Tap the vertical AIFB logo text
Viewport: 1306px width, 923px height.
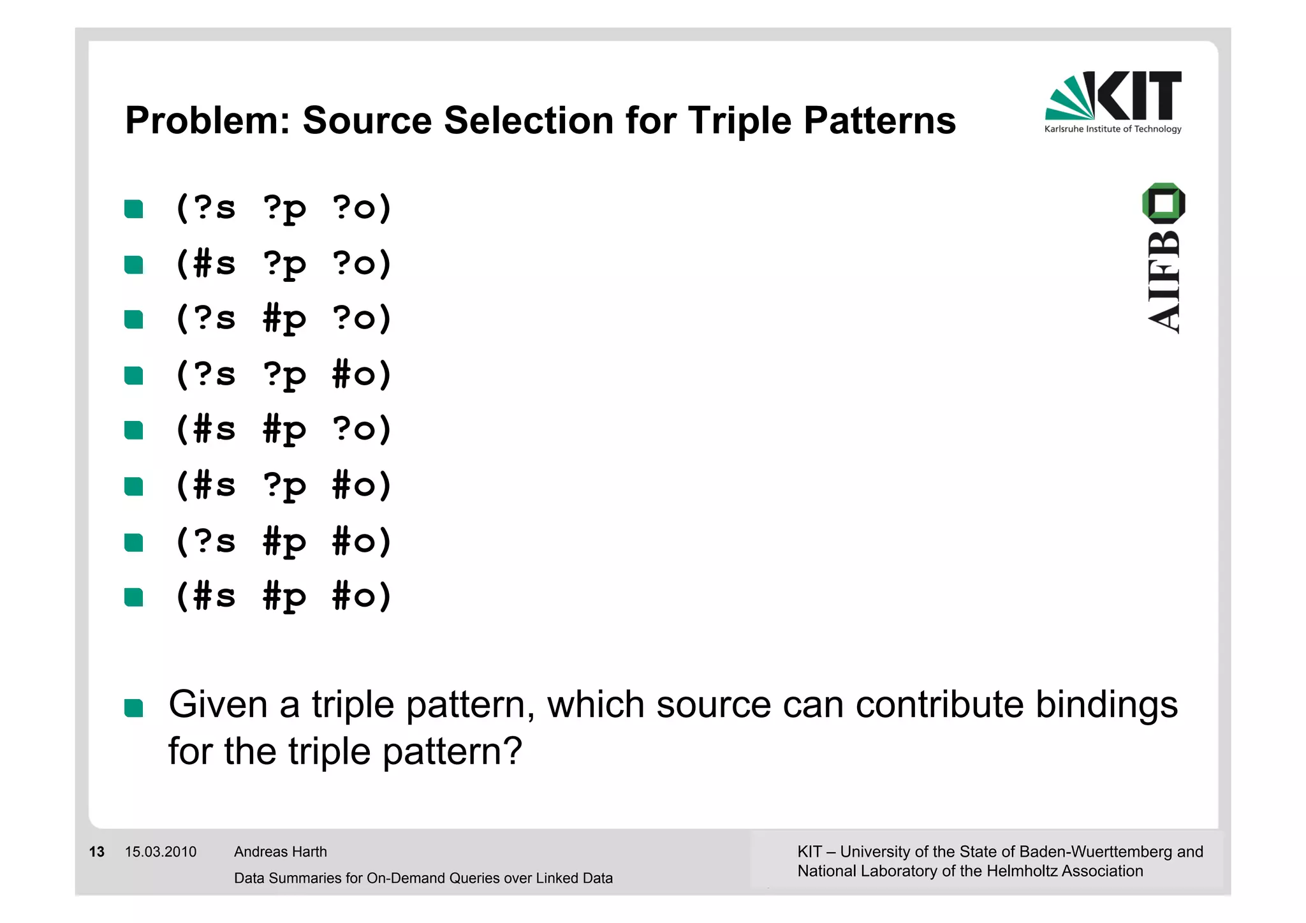pyautogui.click(x=1164, y=282)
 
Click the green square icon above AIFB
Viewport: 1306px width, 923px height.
pyautogui.click(x=1164, y=203)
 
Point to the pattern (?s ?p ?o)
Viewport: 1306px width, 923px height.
pyautogui.click(x=283, y=208)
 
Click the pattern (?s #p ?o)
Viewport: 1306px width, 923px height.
pyautogui.click(x=283, y=318)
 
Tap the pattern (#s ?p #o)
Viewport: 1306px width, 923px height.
pyautogui.click(x=283, y=485)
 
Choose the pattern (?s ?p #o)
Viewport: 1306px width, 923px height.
pyautogui.click(x=283, y=374)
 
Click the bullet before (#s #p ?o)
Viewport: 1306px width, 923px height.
pyautogui.click(x=134, y=431)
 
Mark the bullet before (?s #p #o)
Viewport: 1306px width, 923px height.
pyautogui.click(x=134, y=542)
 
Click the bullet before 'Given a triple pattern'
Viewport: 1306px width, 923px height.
pyautogui.click(x=134, y=708)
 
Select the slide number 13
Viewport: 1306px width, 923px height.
pyautogui.click(x=97, y=852)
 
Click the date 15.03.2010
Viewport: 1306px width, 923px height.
pyautogui.click(x=161, y=852)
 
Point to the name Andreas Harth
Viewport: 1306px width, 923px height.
pyautogui.click(x=281, y=852)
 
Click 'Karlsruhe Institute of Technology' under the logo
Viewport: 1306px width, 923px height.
pyautogui.click(x=1113, y=129)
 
